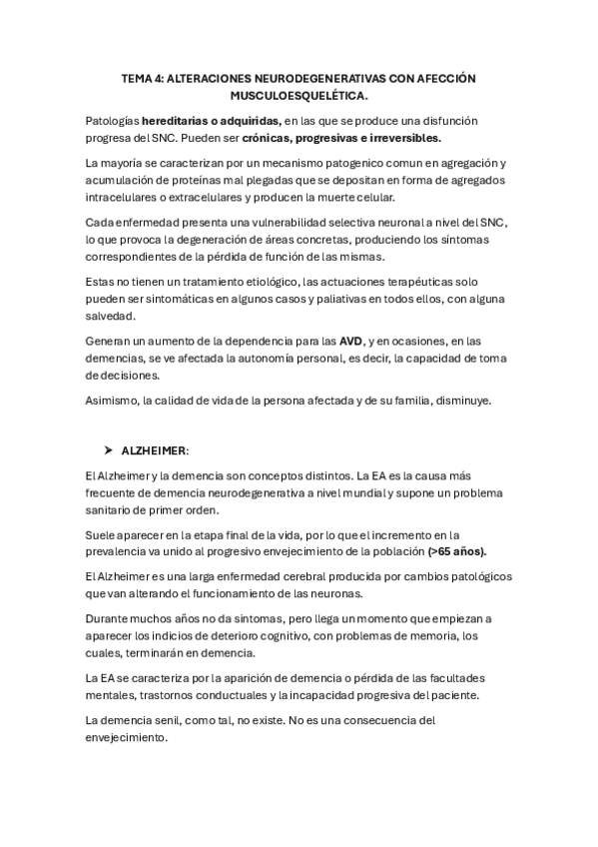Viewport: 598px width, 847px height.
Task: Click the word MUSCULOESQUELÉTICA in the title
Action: coord(299,97)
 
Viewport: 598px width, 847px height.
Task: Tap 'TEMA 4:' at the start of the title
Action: coord(139,78)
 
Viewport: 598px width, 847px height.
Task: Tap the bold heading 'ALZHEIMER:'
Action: coord(161,450)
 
